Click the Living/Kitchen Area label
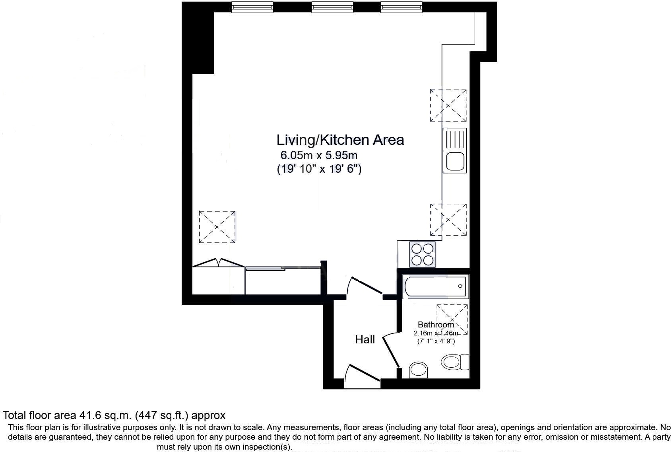point(340,140)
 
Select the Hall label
point(365,339)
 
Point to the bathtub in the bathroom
point(435,286)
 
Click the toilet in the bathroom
point(454,362)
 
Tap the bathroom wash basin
point(418,370)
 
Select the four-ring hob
point(422,255)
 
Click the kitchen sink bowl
point(454,162)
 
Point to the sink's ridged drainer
point(454,139)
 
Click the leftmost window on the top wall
point(252,7)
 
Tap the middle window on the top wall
point(332,7)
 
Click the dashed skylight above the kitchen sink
point(448,105)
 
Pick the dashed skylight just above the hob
point(448,220)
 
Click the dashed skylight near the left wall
point(217,227)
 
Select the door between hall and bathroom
point(391,350)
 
